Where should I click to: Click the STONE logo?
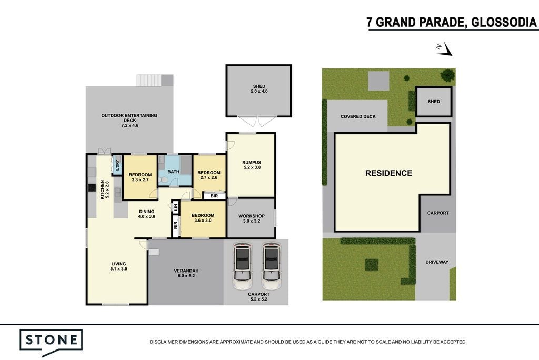pyautogui.click(x=51, y=341)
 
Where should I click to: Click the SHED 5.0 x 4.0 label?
pyautogui.click(x=259, y=89)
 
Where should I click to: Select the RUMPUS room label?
pyautogui.click(x=252, y=165)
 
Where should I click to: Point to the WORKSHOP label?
pyautogui.click(x=252, y=218)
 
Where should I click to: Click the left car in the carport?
pyautogui.click(x=242, y=266)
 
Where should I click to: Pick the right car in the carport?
pyautogui.click(x=271, y=266)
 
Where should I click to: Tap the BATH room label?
pyautogui.click(x=174, y=172)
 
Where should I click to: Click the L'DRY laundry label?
pyautogui.click(x=117, y=165)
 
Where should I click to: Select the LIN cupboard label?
pyautogui.click(x=176, y=207)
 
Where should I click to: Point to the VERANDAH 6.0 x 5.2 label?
pyautogui.click(x=186, y=273)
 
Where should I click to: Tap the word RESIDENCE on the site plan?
pyautogui.click(x=388, y=173)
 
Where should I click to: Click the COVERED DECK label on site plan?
pyautogui.click(x=358, y=116)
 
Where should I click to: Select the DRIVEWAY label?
pyautogui.click(x=437, y=262)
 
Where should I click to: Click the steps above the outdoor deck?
pyautogui.click(x=149, y=80)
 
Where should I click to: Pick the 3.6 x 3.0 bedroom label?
pyautogui.click(x=203, y=218)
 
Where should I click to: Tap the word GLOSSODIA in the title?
pyautogui.click(x=503, y=22)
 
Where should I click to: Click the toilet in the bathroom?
pyautogui.click(x=164, y=180)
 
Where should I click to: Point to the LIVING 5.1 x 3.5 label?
pyautogui.click(x=118, y=266)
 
